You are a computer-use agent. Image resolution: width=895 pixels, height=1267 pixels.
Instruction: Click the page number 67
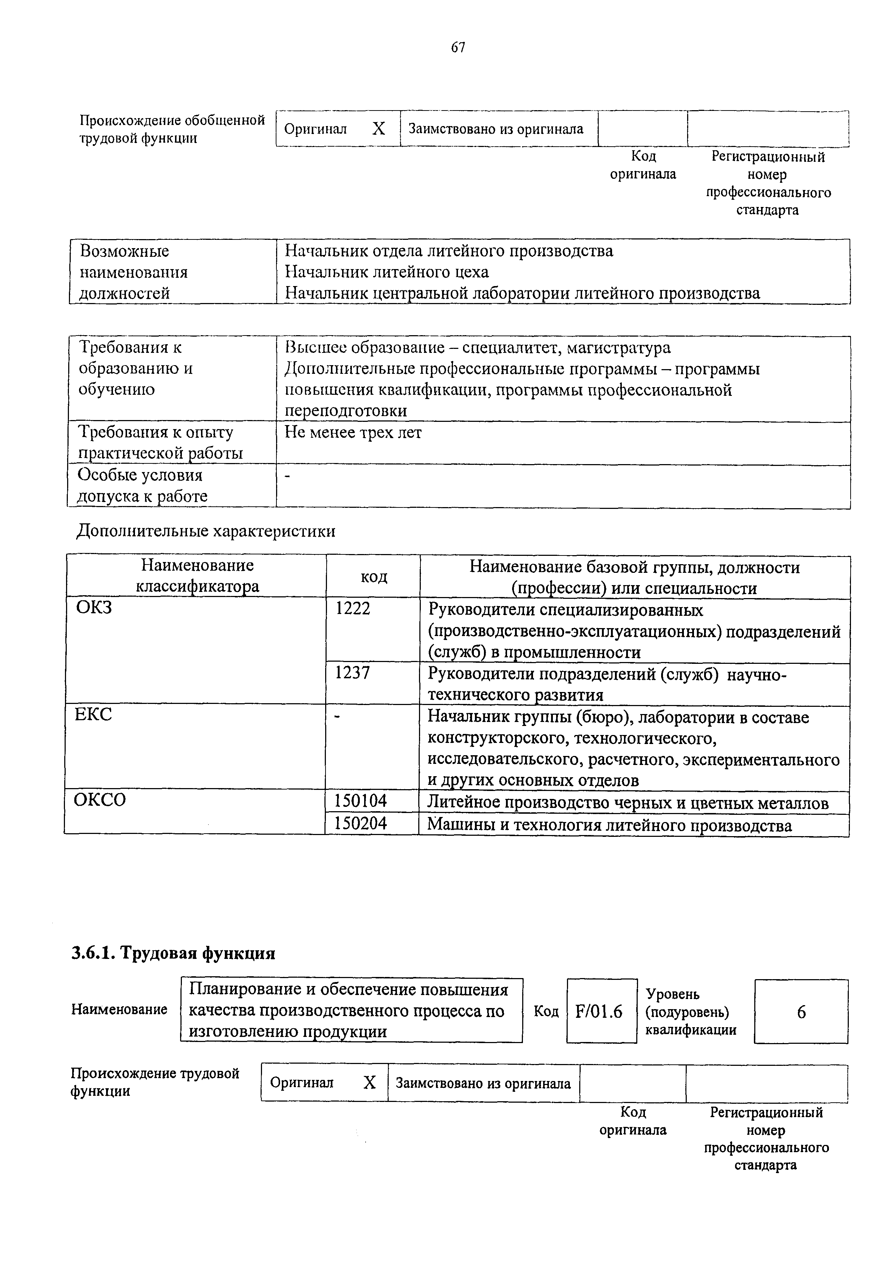coord(458,48)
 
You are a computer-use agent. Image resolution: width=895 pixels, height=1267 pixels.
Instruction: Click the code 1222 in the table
coord(353,608)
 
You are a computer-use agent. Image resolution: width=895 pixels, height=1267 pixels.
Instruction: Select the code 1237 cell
coord(353,672)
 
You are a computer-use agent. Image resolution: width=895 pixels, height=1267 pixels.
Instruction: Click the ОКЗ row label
coord(94,607)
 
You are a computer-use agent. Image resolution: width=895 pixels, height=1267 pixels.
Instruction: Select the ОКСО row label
coord(100,800)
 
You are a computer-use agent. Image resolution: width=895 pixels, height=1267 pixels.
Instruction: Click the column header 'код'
coord(374,577)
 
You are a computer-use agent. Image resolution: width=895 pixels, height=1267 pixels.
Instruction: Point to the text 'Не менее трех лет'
coord(353,433)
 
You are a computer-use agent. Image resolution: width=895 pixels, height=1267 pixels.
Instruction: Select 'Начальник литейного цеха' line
coord(387,272)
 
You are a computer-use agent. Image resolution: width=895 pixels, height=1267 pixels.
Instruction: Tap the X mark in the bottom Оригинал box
coord(370,1083)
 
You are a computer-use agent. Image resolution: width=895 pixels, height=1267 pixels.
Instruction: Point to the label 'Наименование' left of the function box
coord(119,1009)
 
